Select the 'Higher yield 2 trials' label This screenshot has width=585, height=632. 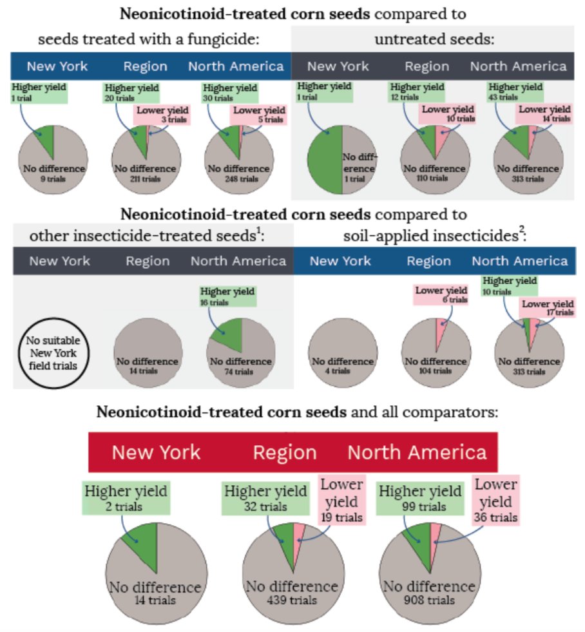click(x=126, y=498)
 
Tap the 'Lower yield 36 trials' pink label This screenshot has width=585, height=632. click(x=495, y=500)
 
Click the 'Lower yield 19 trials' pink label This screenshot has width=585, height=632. click(x=341, y=500)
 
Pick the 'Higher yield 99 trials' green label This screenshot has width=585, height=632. click(x=420, y=498)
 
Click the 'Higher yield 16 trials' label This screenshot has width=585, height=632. click(x=228, y=296)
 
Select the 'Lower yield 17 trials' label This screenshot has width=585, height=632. click(x=547, y=308)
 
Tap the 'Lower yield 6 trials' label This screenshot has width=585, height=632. click(x=441, y=295)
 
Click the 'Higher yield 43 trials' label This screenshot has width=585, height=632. click(x=515, y=91)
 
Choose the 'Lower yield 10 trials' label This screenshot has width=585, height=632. click(x=448, y=113)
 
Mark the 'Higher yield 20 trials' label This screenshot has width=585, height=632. click(x=131, y=91)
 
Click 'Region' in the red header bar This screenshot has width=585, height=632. click(x=284, y=452)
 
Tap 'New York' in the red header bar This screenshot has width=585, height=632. click(x=156, y=452)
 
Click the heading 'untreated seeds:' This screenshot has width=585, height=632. click(x=434, y=39)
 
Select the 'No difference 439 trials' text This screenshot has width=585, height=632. click(x=292, y=593)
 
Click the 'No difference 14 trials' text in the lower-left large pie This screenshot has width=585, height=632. click(x=155, y=593)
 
